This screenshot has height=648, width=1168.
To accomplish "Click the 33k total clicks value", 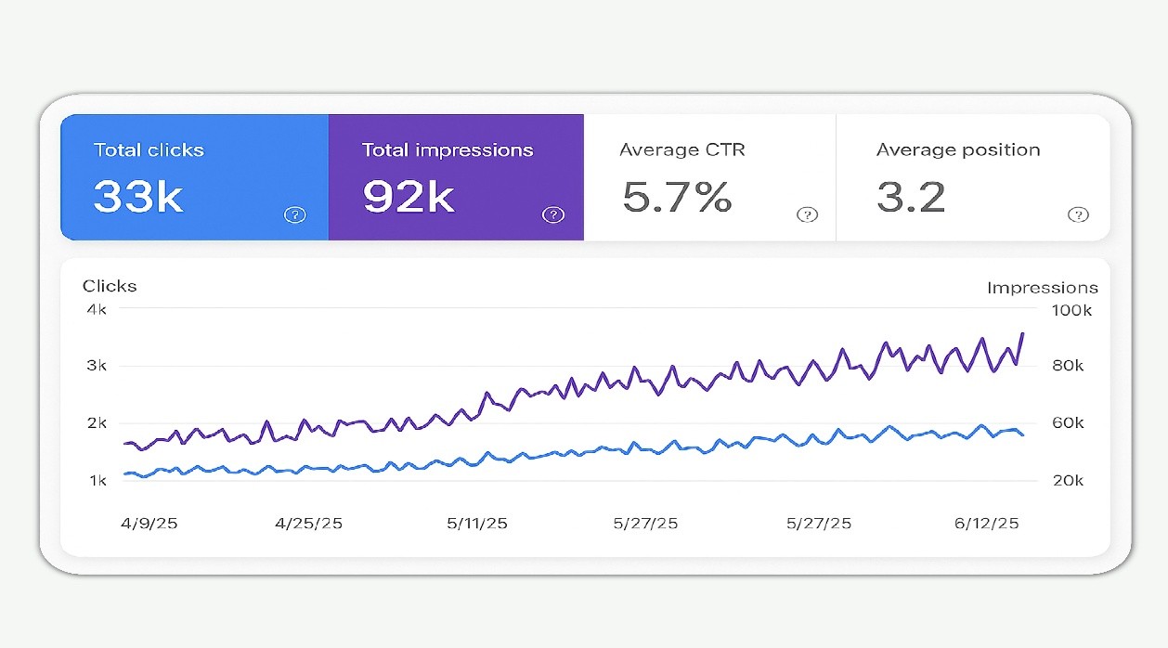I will (x=138, y=197).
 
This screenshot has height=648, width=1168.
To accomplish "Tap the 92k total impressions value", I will (x=408, y=197).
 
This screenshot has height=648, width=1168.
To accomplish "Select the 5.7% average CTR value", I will (x=677, y=197).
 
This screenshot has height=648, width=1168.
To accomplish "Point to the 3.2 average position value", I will (x=911, y=197).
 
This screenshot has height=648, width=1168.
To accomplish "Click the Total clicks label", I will (x=149, y=149).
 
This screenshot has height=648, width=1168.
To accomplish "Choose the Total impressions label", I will (x=448, y=149).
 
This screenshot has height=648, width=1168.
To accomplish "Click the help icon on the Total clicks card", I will (x=294, y=215).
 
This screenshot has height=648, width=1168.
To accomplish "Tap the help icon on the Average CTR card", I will (x=807, y=215).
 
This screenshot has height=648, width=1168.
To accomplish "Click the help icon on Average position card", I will (x=1077, y=215).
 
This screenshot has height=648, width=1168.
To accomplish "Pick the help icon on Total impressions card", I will (x=552, y=215).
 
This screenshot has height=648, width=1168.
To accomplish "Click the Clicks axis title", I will (x=110, y=286).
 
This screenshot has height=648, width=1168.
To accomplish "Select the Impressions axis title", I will (x=1042, y=288).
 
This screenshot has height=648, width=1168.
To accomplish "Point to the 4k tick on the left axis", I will (x=96, y=309).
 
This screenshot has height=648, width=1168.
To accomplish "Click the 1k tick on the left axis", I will (x=97, y=480).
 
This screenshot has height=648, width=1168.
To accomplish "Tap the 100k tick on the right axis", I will (x=1071, y=310).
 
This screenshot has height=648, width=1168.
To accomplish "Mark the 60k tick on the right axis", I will (x=1068, y=422).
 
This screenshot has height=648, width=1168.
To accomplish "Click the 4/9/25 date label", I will (x=149, y=524).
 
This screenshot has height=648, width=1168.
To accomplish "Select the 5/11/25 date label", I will (x=477, y=524).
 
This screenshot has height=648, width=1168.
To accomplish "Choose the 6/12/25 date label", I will (x=987, y=524).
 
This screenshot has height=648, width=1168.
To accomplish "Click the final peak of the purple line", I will (x=1022, y=333).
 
